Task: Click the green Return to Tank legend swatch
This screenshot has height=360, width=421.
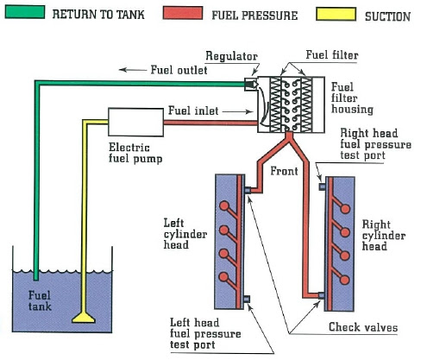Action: [x=25, y=12]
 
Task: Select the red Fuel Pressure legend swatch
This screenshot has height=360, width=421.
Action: [x=183, y=13]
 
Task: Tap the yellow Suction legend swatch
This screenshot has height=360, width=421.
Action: [x=336, y=15]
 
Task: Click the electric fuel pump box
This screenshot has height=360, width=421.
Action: [x=135, y=122]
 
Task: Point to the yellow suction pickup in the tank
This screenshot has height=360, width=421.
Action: [x=84, y=318]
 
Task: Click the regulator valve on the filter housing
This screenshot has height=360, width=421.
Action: [x=251, y=84]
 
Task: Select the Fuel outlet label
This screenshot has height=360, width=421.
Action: [x=179, y=70]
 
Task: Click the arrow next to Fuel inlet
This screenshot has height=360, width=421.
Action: [x=237, y=111]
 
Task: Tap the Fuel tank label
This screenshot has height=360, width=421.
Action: [x=40, y=300]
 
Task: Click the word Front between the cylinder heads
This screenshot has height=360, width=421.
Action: [x=284, y=171]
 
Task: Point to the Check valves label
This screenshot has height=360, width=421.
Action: [x=363, y=327]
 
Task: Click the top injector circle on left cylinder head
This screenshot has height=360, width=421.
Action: [x=224, y=206]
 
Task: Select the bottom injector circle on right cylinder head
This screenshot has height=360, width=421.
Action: [x=344, y=280]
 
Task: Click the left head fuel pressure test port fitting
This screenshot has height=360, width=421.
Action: [x=247, y=300]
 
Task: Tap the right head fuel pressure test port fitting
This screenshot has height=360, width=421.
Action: [x=323, y=186]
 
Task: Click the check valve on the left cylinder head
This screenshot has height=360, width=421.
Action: [x=247, y=190]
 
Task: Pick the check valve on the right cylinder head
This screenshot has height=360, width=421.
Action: [x=322, y=295]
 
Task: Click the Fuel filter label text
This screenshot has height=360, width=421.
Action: [x=332, y=54]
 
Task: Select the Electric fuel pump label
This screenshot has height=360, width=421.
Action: [x=135, y=153]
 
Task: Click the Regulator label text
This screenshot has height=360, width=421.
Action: [x=231, y=56]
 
